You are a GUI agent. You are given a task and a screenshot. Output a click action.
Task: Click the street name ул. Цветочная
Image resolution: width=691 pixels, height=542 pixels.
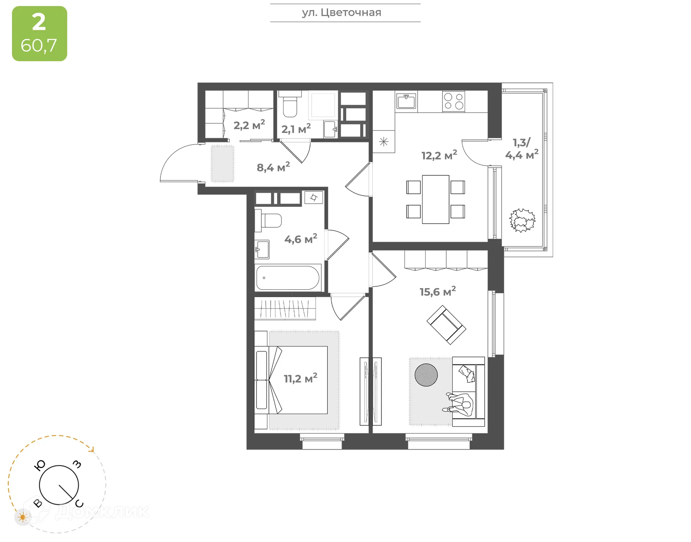coord(341,13)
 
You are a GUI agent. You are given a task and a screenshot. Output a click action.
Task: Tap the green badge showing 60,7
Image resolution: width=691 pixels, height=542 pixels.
coord(39,33)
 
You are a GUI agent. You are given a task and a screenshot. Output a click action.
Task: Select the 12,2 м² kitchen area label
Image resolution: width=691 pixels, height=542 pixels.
coord(439,155)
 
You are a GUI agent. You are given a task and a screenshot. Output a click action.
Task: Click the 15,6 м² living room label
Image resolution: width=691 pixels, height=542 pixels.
coord(438,291)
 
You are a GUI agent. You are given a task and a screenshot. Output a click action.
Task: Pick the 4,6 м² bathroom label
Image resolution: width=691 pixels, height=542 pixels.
coord(301,239)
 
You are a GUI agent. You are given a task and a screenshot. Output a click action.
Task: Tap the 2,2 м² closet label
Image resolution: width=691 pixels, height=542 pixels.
coord(249,125)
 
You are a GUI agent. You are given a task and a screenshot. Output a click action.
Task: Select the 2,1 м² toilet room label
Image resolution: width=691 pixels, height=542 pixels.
coord(296,129)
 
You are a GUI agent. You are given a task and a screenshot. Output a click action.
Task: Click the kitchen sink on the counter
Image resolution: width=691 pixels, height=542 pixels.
coord(406,101)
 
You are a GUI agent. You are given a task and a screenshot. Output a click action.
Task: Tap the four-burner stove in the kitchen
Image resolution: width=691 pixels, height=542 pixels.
coord(453,101)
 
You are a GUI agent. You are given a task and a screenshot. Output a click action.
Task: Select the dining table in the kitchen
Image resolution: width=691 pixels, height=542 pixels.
coord(435,199)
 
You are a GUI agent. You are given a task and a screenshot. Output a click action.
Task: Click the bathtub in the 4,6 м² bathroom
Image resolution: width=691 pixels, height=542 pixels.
coord(288,278)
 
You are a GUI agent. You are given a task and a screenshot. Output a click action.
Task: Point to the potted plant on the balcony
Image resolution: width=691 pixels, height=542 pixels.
coord(522,220)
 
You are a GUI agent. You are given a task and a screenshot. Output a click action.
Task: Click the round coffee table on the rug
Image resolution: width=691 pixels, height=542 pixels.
coord(426,375)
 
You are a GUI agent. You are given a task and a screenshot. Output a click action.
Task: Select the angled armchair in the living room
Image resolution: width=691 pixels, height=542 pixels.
coord(446,325)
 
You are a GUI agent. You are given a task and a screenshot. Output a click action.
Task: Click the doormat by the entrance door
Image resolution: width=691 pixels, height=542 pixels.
coord(222,163)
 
